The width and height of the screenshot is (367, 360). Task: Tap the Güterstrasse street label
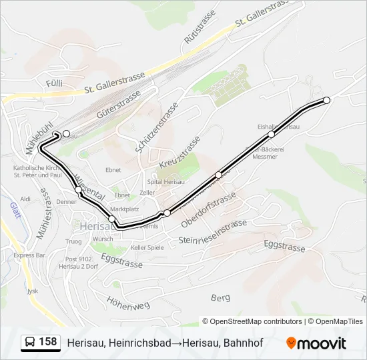click(119, 105)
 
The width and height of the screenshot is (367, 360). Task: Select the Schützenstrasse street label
click(157, 128)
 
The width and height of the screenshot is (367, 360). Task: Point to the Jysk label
click(32, 291)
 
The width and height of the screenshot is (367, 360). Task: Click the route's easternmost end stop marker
click(327, 100)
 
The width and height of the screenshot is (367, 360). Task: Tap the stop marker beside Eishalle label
click(272, 135)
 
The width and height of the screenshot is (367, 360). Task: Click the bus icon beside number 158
click(30, 343)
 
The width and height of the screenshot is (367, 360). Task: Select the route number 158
click(48, 342)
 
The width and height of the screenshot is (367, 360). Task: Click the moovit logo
click(316, 343)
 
